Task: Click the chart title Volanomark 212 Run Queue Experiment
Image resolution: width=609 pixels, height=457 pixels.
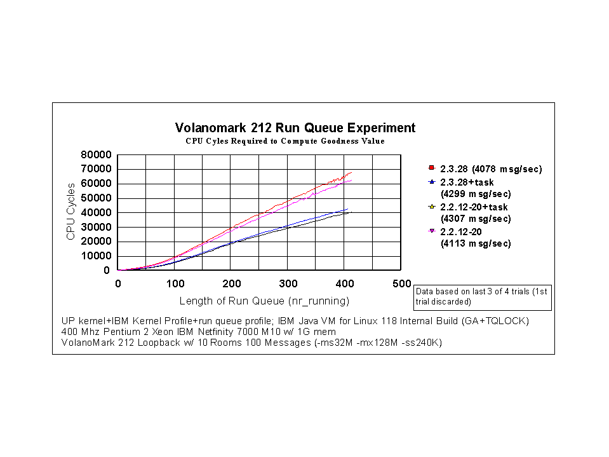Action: point(295,128)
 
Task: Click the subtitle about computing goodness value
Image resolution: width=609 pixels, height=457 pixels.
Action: point(285,141)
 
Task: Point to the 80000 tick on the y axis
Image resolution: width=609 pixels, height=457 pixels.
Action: point(96,154)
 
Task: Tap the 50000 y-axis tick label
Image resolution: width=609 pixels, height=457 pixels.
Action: point(96,198)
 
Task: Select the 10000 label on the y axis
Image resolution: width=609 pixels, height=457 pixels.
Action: point(96,256)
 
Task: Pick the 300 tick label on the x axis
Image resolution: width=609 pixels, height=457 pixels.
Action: point(288,283)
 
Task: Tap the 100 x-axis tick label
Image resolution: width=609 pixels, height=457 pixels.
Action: point(175,283)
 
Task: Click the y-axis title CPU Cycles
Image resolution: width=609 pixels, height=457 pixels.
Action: point(71,212)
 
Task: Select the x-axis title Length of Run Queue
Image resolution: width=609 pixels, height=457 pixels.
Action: point(264,301)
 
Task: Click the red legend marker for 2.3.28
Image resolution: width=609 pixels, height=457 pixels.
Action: point(431,168)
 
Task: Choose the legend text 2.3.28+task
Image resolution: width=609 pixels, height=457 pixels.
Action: point(466,182)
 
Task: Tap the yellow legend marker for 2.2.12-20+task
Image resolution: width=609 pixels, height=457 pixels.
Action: point(431,207)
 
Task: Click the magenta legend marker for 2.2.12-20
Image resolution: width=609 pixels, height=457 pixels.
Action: point(431,232)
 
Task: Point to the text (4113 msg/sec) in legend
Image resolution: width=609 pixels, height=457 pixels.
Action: point(476,243)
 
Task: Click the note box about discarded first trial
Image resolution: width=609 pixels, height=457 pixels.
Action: point(482,296)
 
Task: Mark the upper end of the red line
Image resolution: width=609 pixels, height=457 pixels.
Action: point(351,172)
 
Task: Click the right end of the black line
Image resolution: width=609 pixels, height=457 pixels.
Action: point(350,212)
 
